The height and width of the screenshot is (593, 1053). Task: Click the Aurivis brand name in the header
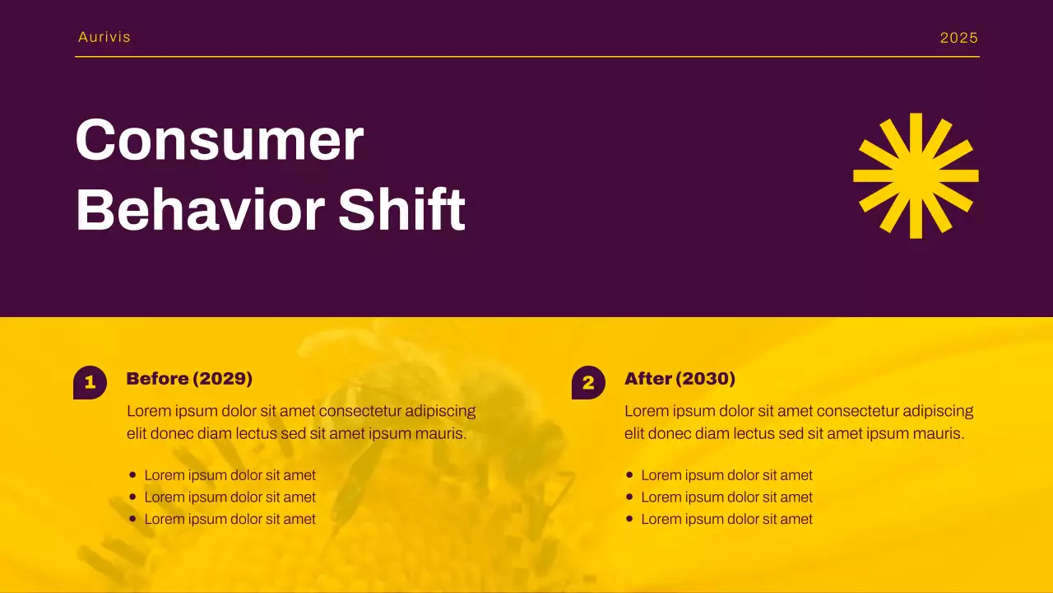pos(104,37)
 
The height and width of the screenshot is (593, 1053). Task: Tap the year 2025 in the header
pos(959,38)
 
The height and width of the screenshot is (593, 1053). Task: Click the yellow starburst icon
pos(916,175)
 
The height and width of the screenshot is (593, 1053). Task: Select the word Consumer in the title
pos(219,140)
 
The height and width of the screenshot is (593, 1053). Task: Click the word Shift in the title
pos(402,210)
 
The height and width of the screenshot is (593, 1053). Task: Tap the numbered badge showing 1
pos(90,382)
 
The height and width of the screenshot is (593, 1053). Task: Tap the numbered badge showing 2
pos(588,382)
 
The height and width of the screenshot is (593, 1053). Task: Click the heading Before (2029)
pos(189,379)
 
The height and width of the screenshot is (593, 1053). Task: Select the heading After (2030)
pos(680,379)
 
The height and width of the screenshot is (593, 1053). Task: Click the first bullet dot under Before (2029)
pos(132,474)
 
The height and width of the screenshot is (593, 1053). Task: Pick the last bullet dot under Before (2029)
pos(132,519)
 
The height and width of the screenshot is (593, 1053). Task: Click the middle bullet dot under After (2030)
pos(629,497)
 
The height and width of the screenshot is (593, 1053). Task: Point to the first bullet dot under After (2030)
pos(629,474)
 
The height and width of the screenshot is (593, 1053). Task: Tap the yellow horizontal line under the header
pos(526,57)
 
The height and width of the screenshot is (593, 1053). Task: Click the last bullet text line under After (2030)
pos(726,519)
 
